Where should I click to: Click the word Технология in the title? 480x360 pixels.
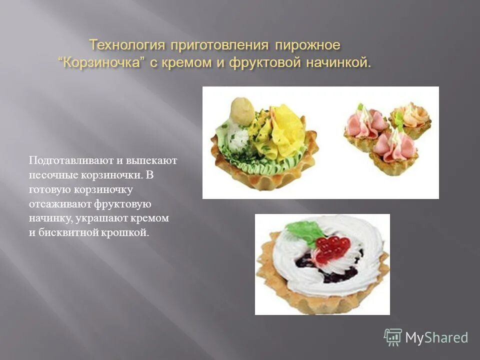[x=127, y=45]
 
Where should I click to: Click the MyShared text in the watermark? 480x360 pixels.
[x=436, y=337]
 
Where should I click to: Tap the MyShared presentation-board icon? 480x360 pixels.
[x=393, y=337]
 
